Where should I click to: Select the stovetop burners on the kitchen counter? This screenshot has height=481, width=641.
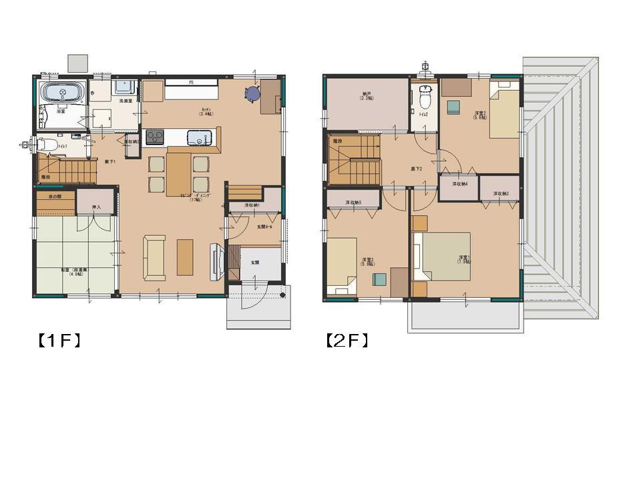[154, 137]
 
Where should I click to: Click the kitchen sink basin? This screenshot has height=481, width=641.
[199, 138]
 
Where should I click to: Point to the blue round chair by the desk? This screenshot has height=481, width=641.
[252, 94]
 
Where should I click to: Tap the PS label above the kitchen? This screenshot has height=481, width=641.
[191, 82]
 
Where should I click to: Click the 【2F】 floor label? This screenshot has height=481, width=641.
[347, 341]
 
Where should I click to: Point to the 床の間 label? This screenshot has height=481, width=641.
[54, 197]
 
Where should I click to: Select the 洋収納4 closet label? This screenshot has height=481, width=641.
[459, 184]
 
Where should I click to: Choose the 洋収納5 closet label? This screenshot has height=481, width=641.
[353, 202]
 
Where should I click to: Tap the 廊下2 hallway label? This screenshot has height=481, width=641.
[417, 168]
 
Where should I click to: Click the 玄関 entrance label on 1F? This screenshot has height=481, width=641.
[255, 263]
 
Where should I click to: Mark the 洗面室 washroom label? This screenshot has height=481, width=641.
[125, 101]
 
